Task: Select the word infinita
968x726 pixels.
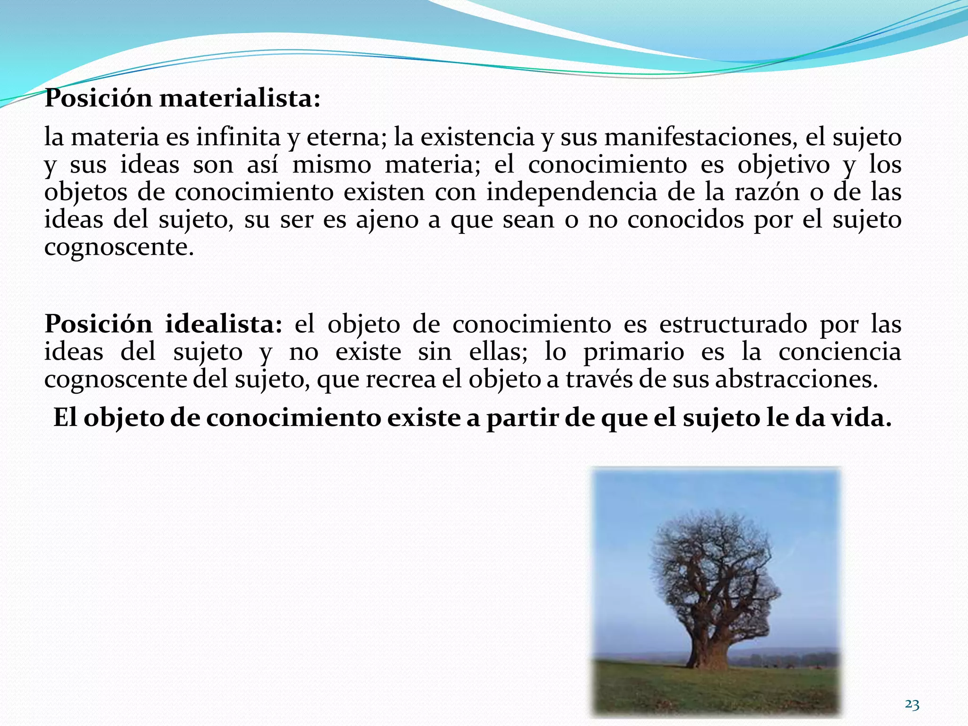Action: pos(238,138)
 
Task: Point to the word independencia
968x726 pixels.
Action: pos(571,192)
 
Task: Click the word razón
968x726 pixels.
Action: pos(766,192)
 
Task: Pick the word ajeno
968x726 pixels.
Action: pos(387,220)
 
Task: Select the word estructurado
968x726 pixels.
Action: pos(733,324)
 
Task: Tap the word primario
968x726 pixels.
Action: pos(633,352)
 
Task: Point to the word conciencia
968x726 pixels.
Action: pos(839,352)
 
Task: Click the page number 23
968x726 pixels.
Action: pos(912,705)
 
